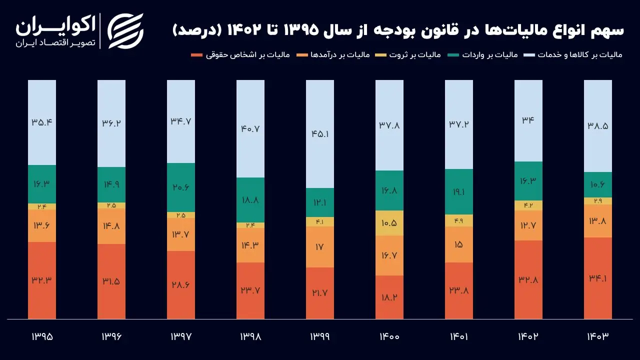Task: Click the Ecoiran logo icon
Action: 125,30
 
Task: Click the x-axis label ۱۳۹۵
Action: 42,336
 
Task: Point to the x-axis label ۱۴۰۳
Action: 598,336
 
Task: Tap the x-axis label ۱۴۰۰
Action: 389,336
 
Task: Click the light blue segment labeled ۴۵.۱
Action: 320,134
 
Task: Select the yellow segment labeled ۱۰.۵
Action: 389,223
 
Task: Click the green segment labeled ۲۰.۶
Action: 181,187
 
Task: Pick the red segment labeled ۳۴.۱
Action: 598,278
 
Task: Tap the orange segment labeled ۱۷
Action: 320,247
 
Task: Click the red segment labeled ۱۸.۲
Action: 389,297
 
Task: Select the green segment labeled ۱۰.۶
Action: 598,185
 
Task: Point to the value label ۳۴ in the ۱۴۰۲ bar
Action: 528,120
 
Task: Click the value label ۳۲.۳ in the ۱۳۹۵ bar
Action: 42,280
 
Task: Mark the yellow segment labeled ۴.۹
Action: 459,220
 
